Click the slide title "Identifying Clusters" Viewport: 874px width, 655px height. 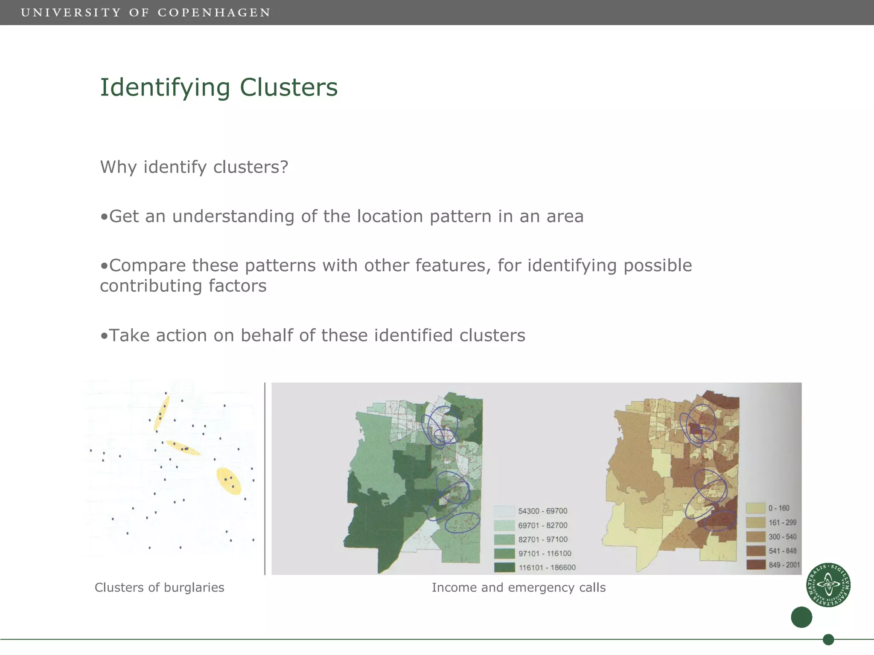[218, 87]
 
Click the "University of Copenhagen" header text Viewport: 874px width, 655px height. [146, 12]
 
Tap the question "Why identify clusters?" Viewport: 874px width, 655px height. [194, 167]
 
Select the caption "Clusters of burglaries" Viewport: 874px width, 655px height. [159, 587]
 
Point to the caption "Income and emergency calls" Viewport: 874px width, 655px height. [519, 587]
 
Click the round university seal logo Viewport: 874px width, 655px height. [828, 585]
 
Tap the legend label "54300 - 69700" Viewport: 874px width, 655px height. [542, 511]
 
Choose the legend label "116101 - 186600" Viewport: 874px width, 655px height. [547, 568]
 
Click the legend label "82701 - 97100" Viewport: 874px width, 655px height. [543, 539]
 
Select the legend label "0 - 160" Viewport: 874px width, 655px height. [779, 508]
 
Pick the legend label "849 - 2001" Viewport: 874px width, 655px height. [784, 565]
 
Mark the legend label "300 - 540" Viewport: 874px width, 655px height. [782, 537]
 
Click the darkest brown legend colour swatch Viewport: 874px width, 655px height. [755, 565]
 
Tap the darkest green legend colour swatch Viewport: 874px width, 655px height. [504, 568]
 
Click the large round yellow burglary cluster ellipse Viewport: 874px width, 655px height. [229, 481]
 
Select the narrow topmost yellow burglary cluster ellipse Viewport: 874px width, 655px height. [162, 412]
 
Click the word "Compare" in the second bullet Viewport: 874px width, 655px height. [147, 265]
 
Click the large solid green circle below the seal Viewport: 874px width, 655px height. [801, 617]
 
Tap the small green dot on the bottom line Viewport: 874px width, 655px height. [828, 639]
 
